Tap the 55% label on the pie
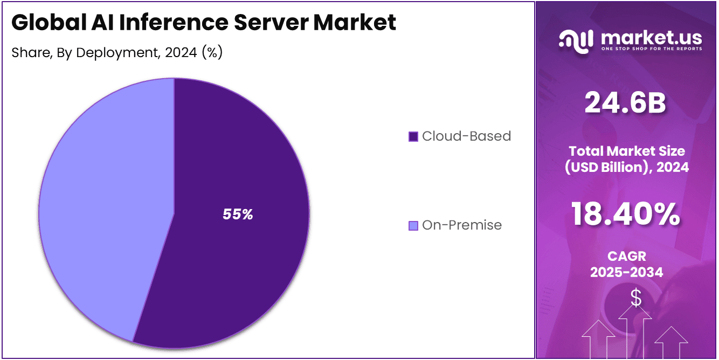(x=238, y=214)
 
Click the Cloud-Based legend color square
(x=413, y=136)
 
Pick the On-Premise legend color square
(x=413, y=225)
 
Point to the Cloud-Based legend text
(x=466, y=136)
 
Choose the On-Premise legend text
(x=462, y=225)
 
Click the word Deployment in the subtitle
(x=120, y=53)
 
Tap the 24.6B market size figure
(x=626, y=103)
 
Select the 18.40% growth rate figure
(x=626, y=214)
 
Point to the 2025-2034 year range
(x=626, y=272)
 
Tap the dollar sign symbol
(x=636, y=297)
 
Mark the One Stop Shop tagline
(x=651, y=49)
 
